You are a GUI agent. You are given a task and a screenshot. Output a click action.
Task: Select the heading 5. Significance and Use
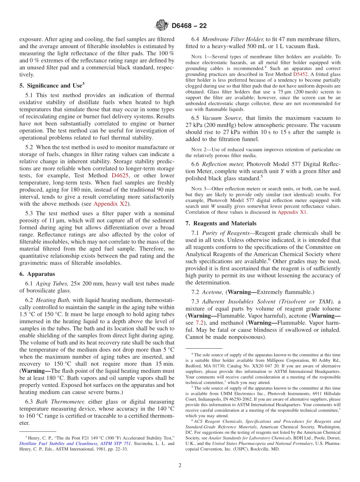click(52, 86)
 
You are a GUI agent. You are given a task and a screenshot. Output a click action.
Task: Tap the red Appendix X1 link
click(292, 212)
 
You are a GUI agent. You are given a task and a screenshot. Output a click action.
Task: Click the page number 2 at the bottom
click(180, 465)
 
